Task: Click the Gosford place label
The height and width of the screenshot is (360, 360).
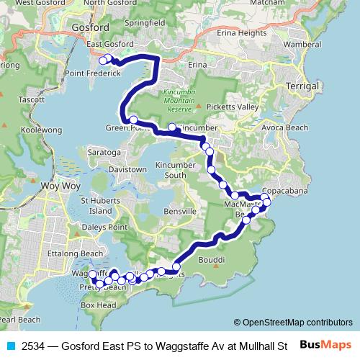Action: coord(90,28)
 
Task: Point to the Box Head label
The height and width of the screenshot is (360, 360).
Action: coord(98,305)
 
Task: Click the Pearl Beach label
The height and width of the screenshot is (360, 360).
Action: coord(20,319)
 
